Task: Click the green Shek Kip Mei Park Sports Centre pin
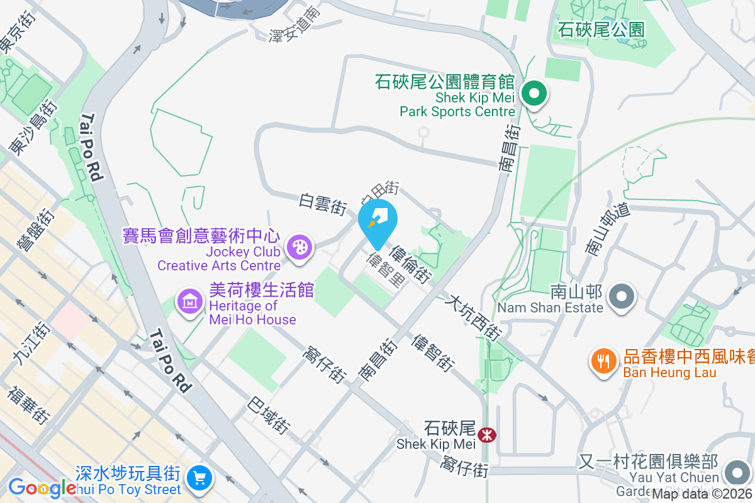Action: coord(534,95)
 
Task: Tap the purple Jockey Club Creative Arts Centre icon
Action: coord(299,246)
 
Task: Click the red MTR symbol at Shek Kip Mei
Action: coord(486,434)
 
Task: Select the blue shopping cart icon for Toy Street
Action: coord(200,478)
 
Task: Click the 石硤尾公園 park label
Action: coord(601,29)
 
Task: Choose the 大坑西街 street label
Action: coord(472,319)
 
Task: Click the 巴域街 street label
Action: coord(269,415)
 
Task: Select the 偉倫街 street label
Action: coord(410,265)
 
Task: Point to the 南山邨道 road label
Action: coord(607,229)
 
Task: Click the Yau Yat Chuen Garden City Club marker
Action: coord(735,473)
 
